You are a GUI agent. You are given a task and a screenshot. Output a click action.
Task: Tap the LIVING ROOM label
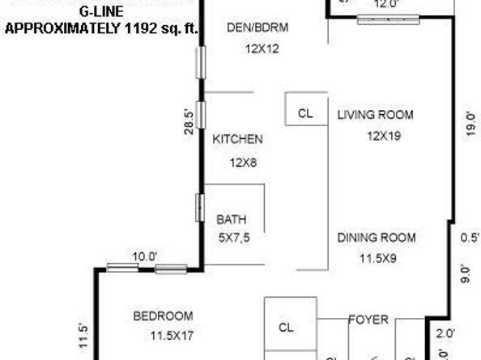coord(375,115)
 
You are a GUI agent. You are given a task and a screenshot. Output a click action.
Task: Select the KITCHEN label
coord(237,139)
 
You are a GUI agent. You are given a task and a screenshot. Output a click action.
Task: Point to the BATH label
coord(231,219)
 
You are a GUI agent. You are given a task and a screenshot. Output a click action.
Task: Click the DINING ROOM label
coord(376,238)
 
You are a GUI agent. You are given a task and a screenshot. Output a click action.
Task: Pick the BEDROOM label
coord(163,316)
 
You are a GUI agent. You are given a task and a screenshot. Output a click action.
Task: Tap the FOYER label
coord(368,319)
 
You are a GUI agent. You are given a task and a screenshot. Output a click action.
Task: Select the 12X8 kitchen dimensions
coord(242,163)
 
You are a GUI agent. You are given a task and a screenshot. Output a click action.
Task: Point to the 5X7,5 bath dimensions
coord(235,238)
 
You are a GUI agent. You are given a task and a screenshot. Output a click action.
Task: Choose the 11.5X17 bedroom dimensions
coord(172,335)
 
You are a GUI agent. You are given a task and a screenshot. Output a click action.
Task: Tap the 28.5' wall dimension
coord(188,122)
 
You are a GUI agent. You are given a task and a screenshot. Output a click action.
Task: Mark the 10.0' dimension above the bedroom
coord(144,257)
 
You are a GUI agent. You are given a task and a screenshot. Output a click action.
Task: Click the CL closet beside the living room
coord(304,113)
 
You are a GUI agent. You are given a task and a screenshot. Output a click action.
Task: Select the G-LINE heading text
coord(101,11)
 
